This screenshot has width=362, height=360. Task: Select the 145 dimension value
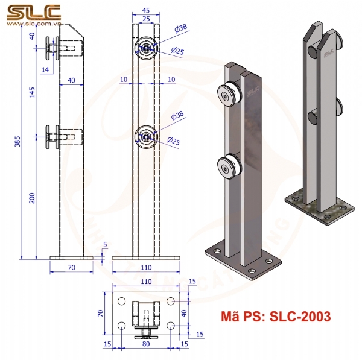[32, 92]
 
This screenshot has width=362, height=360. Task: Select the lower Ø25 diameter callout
[174, 141]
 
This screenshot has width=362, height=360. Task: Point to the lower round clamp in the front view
[147, 137]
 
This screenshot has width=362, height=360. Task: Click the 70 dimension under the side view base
[71, 266]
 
